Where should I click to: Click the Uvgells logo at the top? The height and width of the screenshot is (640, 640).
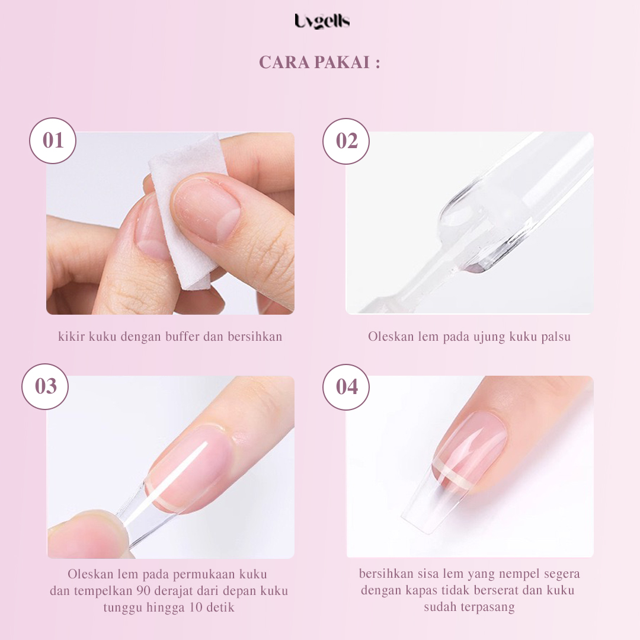click(x=322, y=22)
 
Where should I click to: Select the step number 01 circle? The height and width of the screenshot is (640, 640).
click(x=53, y=141)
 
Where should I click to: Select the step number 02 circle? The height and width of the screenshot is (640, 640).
click(x=347, y=141)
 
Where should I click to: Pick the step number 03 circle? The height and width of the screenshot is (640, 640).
click(x=45, y=386)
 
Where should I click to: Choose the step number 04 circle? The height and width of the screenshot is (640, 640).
click(x=347, y=387)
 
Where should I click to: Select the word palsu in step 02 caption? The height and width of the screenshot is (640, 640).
click(x=557, y=337)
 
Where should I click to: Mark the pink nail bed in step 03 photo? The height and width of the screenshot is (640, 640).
click(x=196, y=462)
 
